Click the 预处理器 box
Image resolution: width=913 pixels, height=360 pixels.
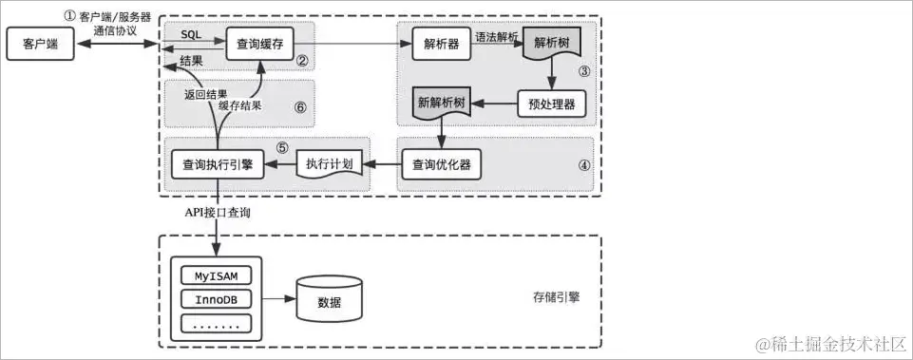pos(551,104)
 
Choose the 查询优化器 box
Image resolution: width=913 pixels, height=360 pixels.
pos(442,164)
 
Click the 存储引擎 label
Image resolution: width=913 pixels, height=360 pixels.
pos(557,296)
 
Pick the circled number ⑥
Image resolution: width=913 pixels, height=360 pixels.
pos(300,107)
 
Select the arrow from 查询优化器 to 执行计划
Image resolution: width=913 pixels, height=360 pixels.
pos(383,164)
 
